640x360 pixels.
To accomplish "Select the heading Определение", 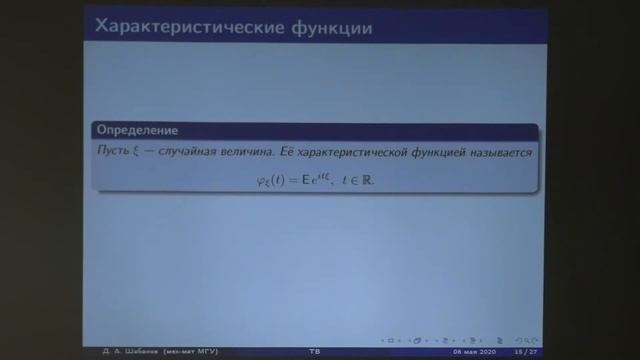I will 135,131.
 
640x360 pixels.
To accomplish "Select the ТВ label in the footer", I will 314,351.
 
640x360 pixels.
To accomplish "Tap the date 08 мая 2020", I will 471,351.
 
